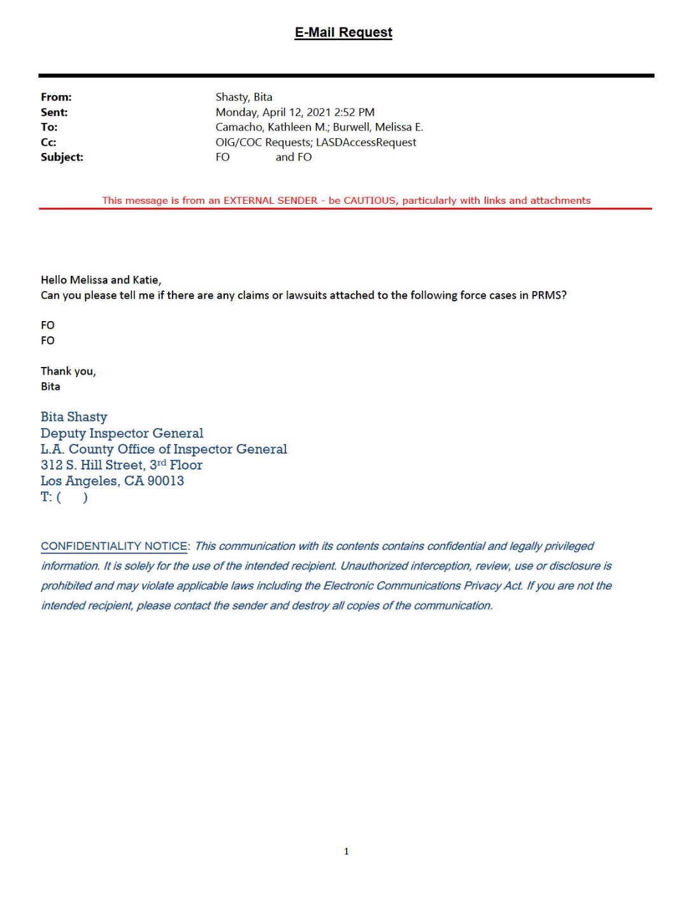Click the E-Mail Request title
click(343, 32)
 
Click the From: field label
click(56, 97)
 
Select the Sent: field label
click(54, 113)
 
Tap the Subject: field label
click(62, 157)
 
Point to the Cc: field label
click(48, 143)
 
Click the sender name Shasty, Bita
click(244, 97)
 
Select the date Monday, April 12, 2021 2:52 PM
click(295, 113)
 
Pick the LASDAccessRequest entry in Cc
click(366, 143)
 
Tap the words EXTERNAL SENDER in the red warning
click(270, 201)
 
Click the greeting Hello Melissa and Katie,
click(101, 280)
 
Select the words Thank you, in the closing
click(68, 371)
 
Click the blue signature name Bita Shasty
click(74, 417)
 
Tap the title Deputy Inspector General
click(122, 433)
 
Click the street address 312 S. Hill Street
click(93, 465)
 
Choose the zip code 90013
click(166, 481)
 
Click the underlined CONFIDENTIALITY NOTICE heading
click(114, 547)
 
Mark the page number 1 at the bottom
click(346, 851)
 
